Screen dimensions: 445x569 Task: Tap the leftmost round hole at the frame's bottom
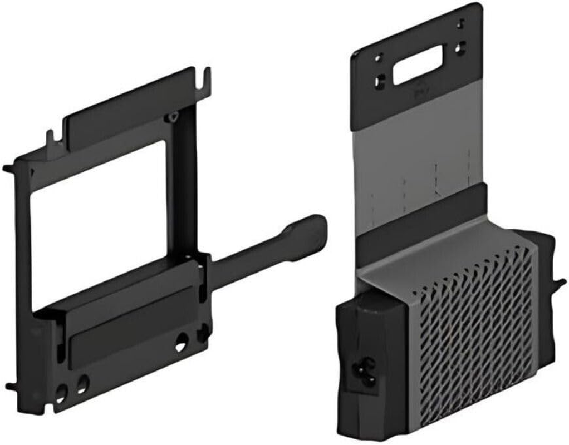[61, 393]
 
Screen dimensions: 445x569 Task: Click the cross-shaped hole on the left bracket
[204, 333]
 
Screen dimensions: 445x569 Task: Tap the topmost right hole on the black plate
[460, 23]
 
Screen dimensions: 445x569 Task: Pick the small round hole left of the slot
[379, 57]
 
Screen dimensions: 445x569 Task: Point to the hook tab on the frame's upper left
[50, 136]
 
